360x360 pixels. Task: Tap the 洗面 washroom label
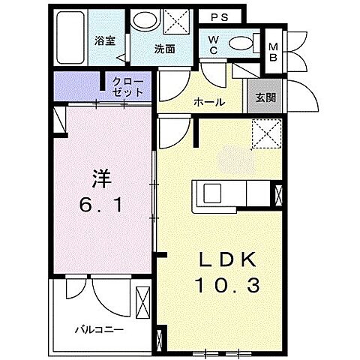click(x=164, y=50)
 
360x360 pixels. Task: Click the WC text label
click(x=213, y=44)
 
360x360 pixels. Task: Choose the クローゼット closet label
click(x=124, y=87)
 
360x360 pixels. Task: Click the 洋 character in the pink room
click(x=101, y=178)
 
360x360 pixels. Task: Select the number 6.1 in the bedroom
click(x=101, y=204)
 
